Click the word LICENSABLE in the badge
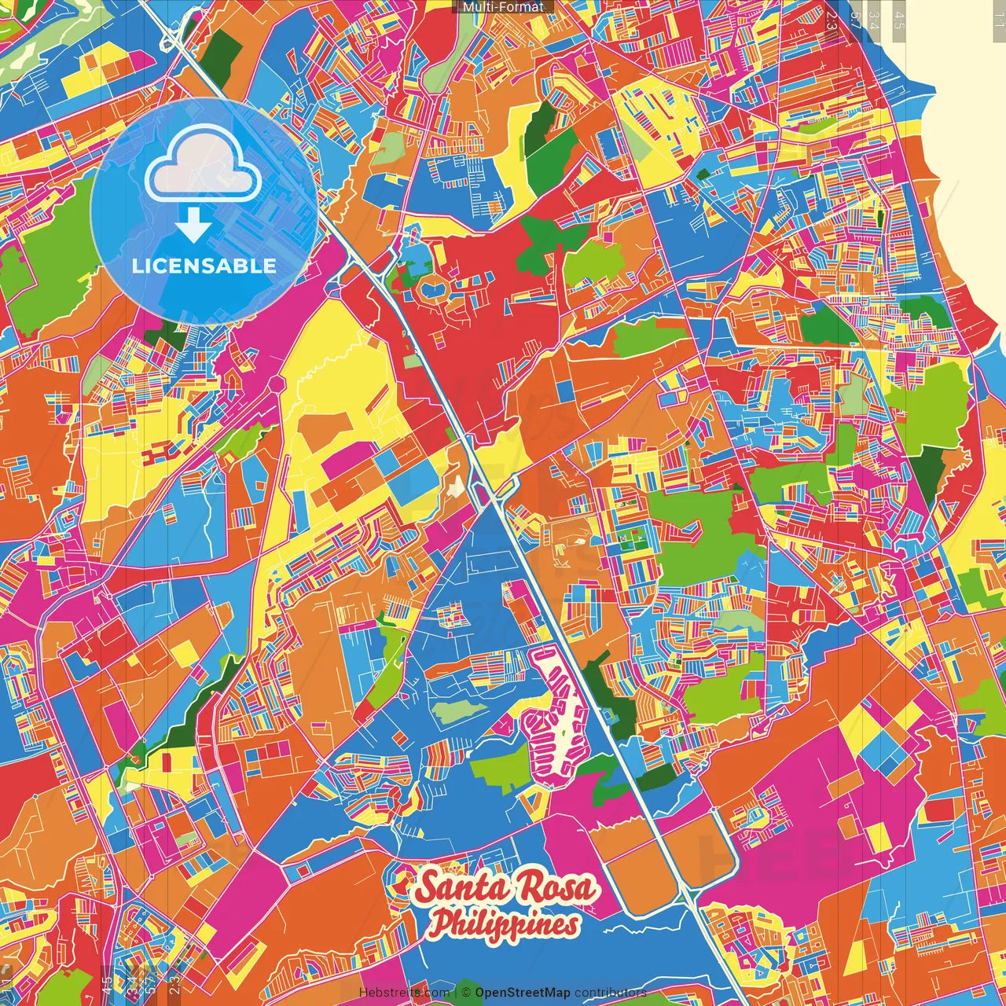[204, 266]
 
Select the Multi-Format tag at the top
[503, 7]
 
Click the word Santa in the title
[463, 888]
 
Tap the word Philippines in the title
[505, 924]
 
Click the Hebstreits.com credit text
[404, 993]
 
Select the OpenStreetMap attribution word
[522, 993]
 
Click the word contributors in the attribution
[610, 993]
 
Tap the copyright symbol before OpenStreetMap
[465, 993]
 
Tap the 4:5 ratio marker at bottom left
[107, 984]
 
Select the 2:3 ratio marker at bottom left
[174, 984]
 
